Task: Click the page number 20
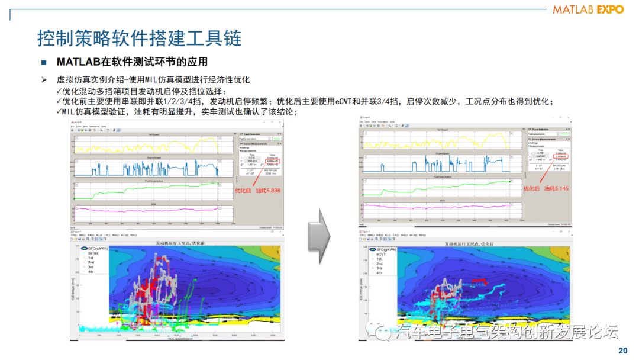pyautogui.click(x=622, y=351)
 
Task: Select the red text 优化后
pyautogui.click(x=532, y=188)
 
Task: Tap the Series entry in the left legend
pyautogui.click(x=93, y=253)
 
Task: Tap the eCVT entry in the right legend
pyautogui.click(x=382, y=254)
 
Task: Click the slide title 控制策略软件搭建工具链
pyautogui.click(x=139, y=38)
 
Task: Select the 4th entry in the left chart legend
pyautogui.click(x=91, y=272)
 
